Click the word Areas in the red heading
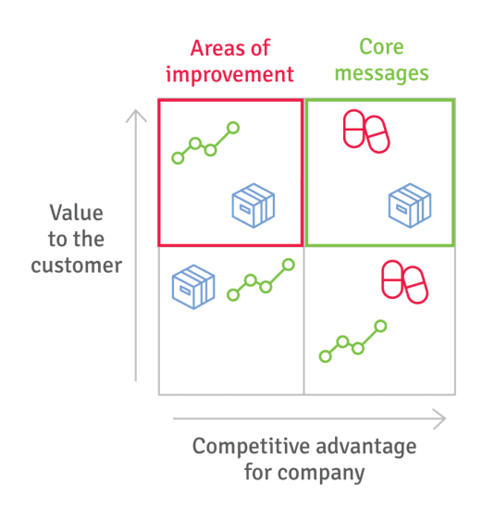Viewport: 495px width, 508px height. (216, 48)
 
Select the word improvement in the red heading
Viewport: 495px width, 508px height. (229, 75)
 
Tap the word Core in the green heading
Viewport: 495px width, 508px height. (381, 47)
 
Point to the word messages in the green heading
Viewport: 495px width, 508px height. (381, 73)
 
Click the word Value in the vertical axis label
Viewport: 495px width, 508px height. (77, 213)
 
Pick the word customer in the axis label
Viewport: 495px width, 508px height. (77, 266)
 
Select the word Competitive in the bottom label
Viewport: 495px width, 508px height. (251, 446)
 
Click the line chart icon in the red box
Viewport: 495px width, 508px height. (205, 142)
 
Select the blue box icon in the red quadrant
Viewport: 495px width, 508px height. (254, 205)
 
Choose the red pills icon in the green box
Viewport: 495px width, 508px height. (366, 131)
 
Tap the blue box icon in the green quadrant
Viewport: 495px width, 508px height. (410, 205)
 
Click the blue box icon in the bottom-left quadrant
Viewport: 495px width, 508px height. (193, 287)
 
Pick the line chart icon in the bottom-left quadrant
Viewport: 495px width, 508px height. (261, 279)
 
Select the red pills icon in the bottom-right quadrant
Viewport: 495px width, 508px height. (404, 282)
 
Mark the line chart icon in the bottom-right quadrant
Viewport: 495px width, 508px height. (353, 341)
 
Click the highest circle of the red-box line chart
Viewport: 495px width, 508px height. (233, 128)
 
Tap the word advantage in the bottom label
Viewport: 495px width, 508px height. (366, 446)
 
